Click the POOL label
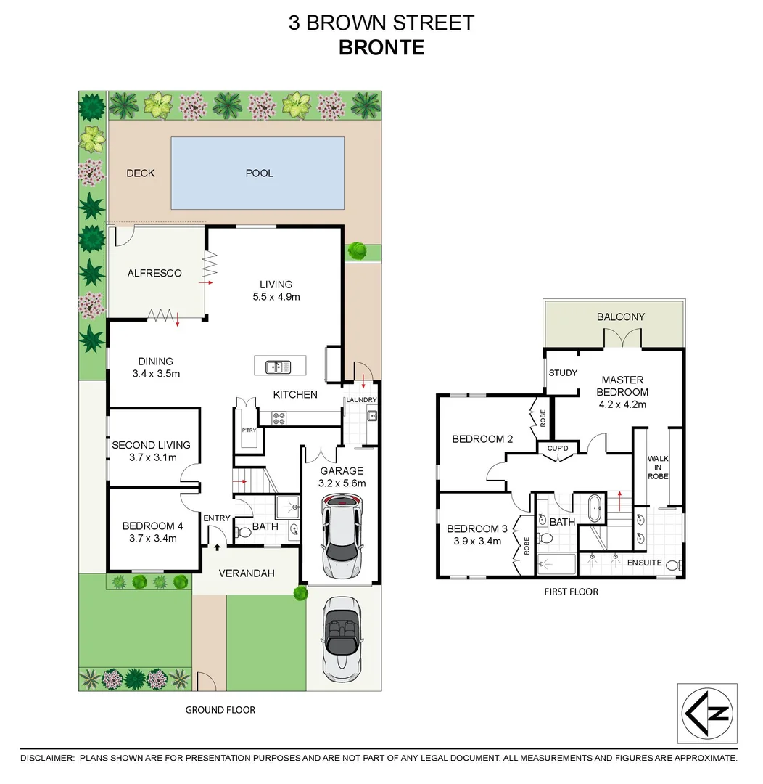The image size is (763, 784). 259,173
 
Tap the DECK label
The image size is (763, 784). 141,173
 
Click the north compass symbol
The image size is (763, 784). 706,713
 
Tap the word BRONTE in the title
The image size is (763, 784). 381,48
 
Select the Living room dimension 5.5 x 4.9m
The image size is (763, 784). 276,296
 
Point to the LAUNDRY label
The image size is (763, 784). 360,400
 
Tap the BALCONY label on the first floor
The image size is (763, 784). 620,317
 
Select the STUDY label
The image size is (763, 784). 563,373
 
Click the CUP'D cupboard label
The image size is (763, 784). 558,449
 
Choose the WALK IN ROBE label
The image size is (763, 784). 658,467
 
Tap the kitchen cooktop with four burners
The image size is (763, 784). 280,417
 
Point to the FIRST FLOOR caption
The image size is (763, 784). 572,592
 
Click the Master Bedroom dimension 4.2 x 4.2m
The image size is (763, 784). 622,404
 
